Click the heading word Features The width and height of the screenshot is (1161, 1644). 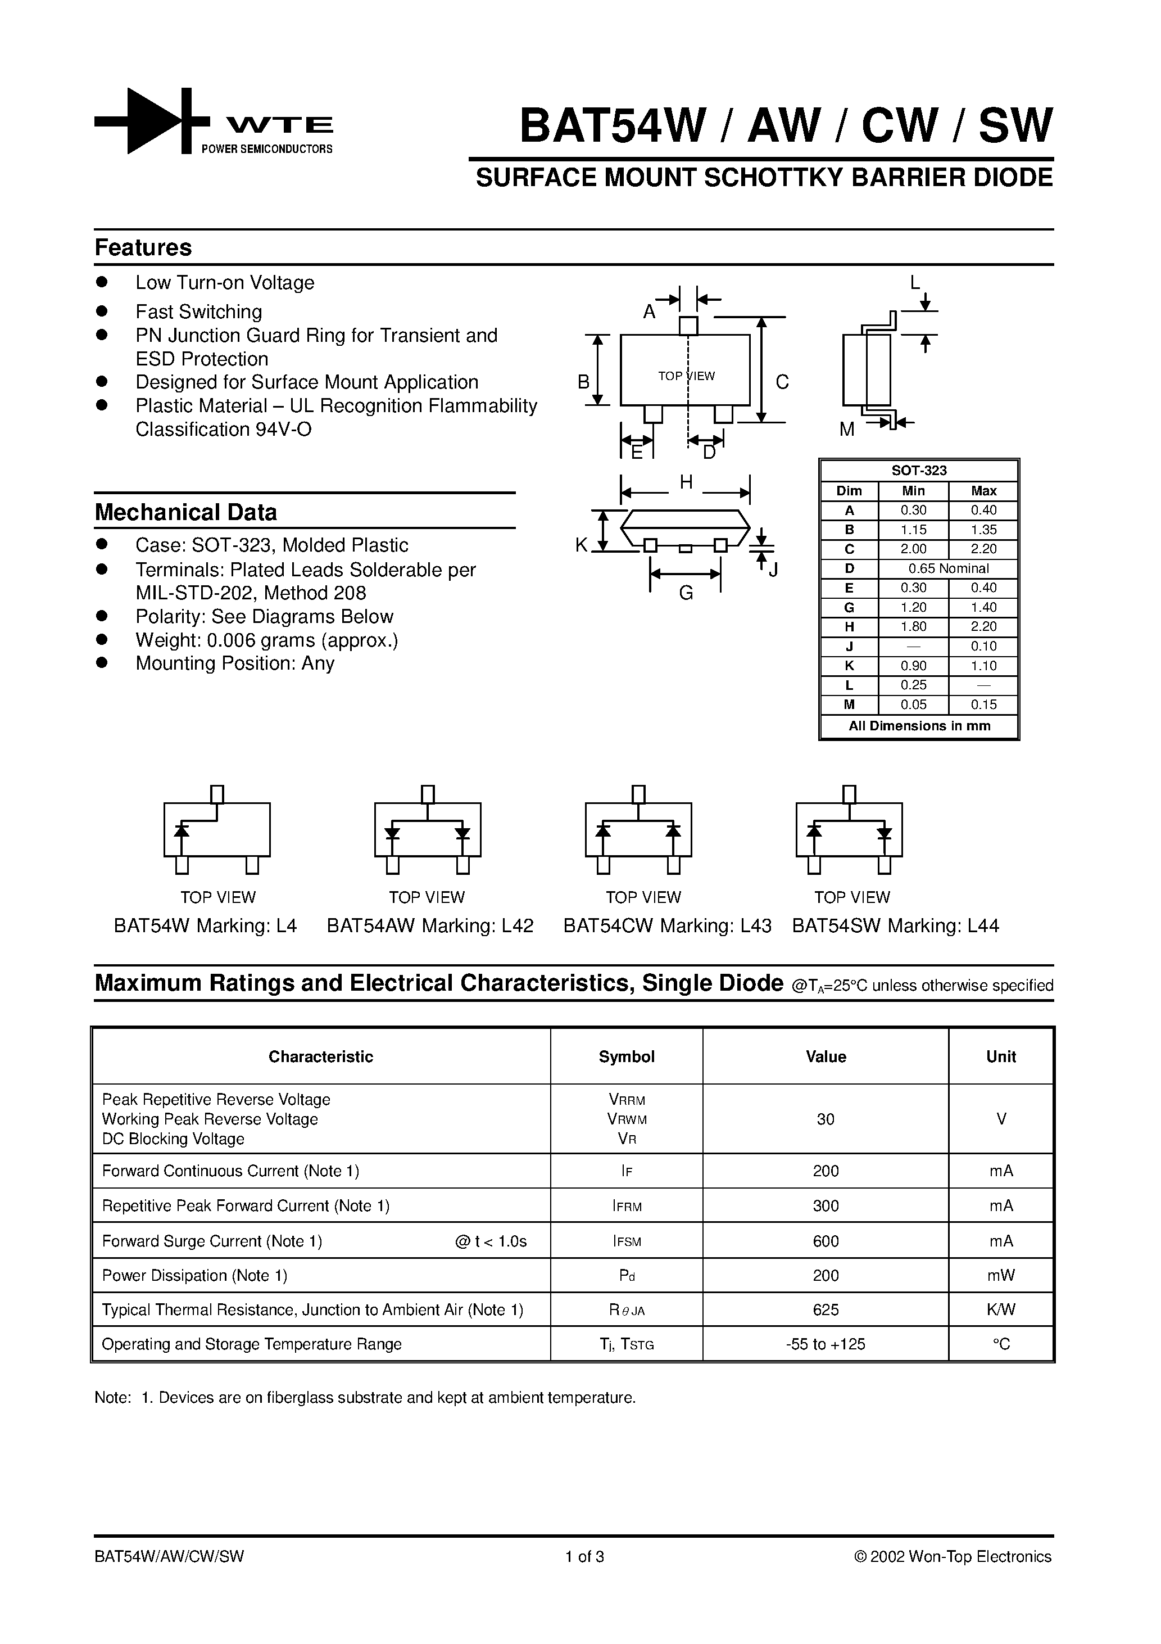pos(143,248)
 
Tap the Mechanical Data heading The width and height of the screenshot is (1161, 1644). pos(185,513)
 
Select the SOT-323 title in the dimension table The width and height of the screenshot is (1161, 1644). pos(919,471)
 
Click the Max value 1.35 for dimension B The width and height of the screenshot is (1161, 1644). pos(983,530)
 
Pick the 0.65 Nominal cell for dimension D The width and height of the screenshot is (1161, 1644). pos(949,568)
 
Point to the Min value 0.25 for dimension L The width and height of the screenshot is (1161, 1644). pos(913,684)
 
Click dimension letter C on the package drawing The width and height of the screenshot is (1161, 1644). pos(782,382)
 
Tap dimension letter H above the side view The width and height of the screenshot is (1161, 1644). pos(686,482)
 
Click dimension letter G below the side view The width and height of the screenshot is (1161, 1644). pos(686,593)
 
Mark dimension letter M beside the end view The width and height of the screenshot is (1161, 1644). pos(847,430)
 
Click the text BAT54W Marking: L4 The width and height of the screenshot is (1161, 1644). pos(206,926)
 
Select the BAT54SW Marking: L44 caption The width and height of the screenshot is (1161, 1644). pos(895,926)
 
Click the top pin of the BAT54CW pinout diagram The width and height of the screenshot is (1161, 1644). pos(638,794)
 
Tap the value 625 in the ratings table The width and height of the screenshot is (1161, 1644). pos(826,1309)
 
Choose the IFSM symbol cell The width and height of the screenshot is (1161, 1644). pos(627,1241)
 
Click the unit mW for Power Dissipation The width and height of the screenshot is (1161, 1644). pos(1001,1275)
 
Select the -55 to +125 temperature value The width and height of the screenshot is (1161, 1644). pos(826,1344)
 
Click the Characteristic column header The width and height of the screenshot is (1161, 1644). pos(321,1057)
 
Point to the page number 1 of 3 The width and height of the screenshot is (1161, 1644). pos(585,1557)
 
